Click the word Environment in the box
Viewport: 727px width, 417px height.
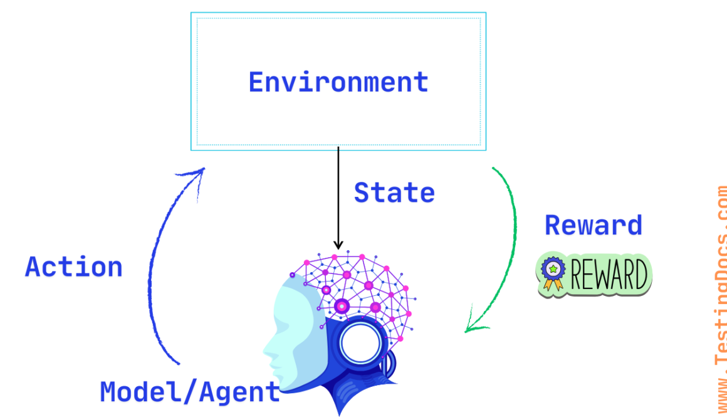338,82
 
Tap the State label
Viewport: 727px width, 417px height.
394,193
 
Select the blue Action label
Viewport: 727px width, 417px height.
74,267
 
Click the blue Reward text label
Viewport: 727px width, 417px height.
593,225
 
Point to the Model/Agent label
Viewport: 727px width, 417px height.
190,392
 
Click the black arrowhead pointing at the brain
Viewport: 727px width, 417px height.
338,245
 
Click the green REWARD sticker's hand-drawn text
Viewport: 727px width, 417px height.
608,275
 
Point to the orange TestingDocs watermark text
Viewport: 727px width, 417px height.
720,301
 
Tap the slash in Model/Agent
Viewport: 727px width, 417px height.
190,392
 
